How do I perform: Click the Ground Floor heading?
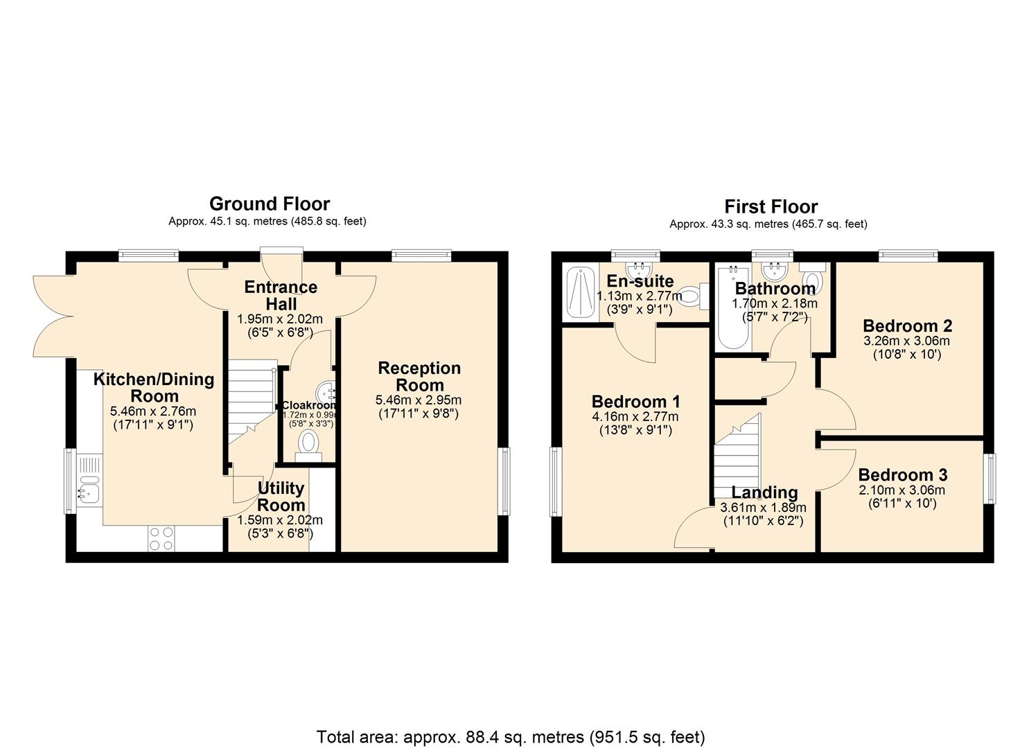[270, 204]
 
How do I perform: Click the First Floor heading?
[771, 206]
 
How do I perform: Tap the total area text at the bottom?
[511, 736]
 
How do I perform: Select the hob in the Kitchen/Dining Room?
[161, 539]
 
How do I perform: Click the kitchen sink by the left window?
[89, 484]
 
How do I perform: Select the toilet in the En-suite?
[693, 296]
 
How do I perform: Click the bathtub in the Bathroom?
[732, 309]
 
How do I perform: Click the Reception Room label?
[419, 377]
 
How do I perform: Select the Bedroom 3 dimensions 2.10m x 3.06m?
[902, 490]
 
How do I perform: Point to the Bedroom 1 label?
[635, 402]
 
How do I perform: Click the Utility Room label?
[280, 497]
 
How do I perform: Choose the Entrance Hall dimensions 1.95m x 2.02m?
[280, 319]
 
